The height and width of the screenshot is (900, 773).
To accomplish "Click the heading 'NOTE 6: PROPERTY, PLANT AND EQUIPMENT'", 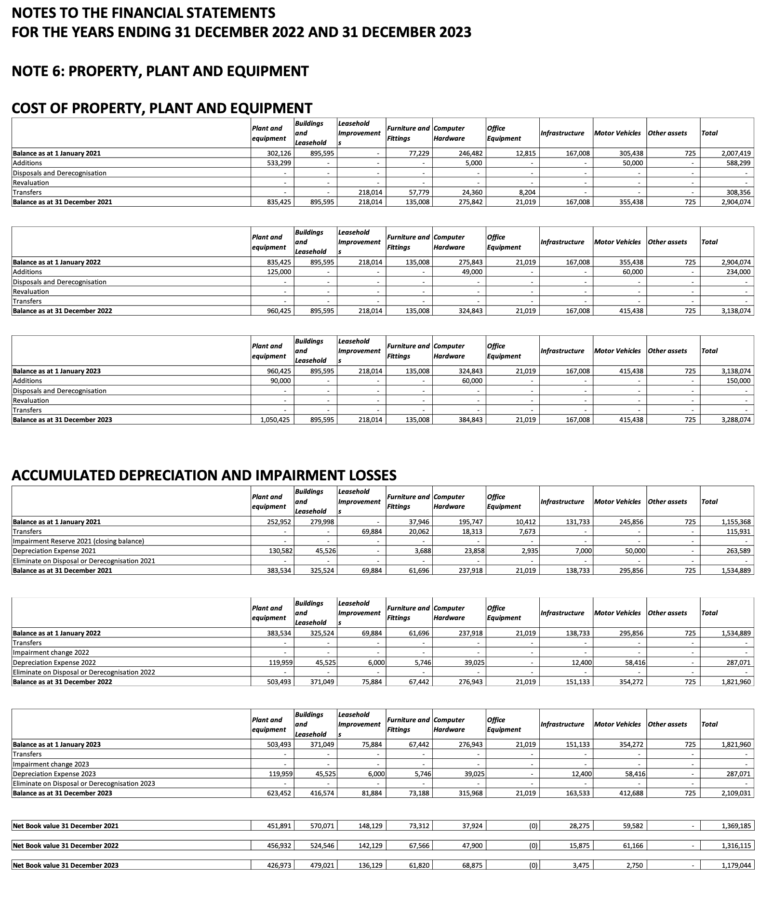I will [160, 71].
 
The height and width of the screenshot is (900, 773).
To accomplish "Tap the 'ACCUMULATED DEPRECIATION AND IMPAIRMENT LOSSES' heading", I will [204, 475].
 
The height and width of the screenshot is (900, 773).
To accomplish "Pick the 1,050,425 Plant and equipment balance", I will [275, 420].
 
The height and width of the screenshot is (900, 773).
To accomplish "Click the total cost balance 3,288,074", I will [736, 420].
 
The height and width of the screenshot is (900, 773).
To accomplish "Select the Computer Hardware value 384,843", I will [470, 420].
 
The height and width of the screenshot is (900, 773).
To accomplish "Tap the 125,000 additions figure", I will [279, 272].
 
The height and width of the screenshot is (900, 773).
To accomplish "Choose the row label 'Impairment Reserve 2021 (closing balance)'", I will [79, 541].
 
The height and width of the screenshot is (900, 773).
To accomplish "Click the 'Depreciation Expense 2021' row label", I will [54, 551].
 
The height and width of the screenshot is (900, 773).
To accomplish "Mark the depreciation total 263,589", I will [739, 551].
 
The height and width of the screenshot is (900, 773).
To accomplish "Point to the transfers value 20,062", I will [418, 531].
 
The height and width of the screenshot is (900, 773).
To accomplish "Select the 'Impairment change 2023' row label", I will [51, 764].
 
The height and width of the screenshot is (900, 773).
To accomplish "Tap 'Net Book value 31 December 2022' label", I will [66, 846].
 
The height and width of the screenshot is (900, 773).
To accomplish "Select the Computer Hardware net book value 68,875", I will [472, 865].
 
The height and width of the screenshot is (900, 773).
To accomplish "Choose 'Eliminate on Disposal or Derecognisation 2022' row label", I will [84, 672].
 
